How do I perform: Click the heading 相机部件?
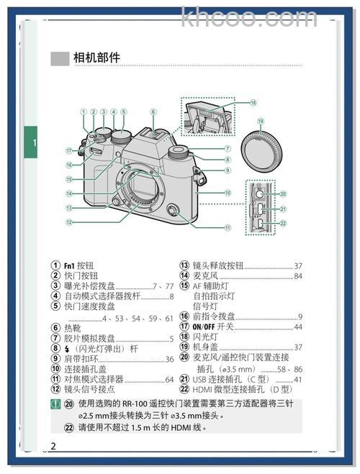pos(96,58)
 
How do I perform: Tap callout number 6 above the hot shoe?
pos(153,112)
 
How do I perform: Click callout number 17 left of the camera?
pos(70,151)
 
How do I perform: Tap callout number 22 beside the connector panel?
pos(283,224)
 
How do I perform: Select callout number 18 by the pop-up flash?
pos(253,103)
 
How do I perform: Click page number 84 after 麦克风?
pos(298,275)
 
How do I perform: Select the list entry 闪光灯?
pos(204,337)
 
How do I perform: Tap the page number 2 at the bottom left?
pos(53,446)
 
